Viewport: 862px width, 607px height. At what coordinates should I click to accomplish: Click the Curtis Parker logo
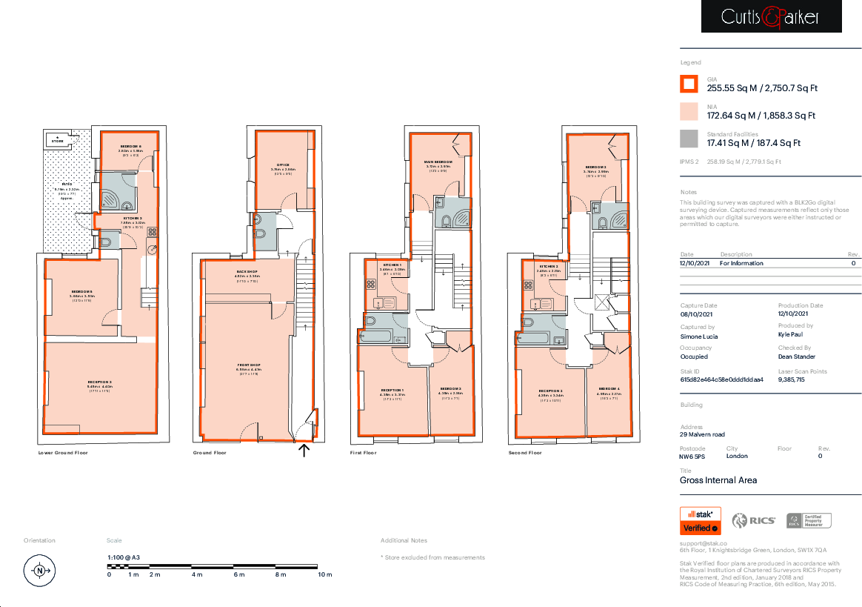[x=771, y=16]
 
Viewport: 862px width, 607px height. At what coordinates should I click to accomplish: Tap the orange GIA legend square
[x=689, y=84]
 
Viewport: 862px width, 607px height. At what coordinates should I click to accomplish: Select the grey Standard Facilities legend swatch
[x=689, y=139]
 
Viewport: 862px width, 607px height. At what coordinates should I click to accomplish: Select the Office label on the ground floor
[x=283, y=165]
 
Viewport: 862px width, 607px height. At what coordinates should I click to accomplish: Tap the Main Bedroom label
[x=438, y=162]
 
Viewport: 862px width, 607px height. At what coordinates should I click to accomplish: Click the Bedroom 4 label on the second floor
[x=609, y=389]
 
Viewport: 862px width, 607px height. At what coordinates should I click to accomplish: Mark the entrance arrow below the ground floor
[x=304, y=450]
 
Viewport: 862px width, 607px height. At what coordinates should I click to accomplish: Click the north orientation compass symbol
[x=40, y=571]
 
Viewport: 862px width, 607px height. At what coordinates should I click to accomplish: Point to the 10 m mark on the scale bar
[x=324, y=574]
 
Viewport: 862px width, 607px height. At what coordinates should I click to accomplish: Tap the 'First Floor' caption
[x=363, y=452]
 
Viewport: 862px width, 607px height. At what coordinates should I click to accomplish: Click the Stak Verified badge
[x=700, y=520]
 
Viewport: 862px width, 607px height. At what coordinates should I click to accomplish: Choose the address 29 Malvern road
[x=702, y=434]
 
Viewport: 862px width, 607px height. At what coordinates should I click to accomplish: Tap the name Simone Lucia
[x=698, y=336]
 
